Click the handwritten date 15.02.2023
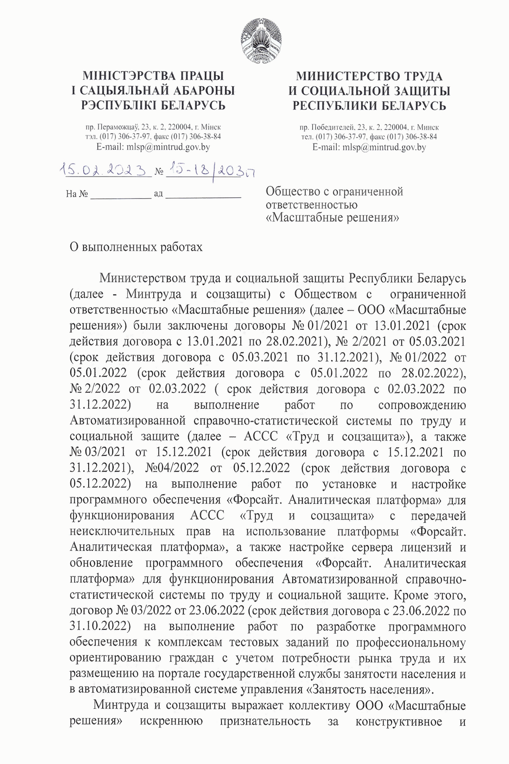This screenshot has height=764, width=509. pos(106,170)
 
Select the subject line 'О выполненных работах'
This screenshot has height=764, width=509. pos(136,247)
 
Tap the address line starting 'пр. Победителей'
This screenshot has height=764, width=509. pos(369,127)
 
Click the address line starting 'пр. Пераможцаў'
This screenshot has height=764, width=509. pos(153,127)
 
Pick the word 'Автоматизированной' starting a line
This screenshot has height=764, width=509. pos(127,421)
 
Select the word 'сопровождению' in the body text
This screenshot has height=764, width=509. pos(422,405)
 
